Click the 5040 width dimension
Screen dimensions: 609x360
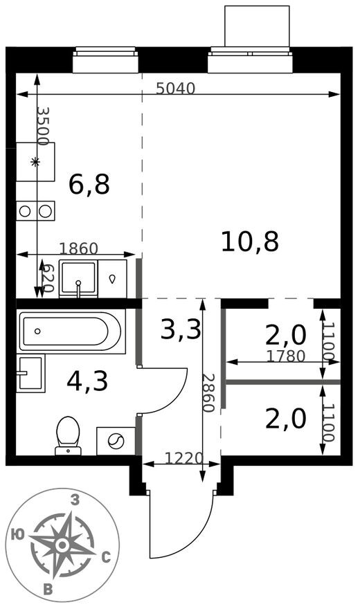coord(176,88)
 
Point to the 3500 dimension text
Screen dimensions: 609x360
coord(42,126)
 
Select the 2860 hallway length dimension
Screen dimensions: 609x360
coord(208,392)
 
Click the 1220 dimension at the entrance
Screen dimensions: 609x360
coord(183,457)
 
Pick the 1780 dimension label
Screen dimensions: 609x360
coord(286,356)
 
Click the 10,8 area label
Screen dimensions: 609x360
coord(250,242)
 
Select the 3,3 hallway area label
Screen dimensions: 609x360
coord(181,329)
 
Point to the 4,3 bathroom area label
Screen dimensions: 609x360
coord(87,381)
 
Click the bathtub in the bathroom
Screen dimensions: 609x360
coord(71,331)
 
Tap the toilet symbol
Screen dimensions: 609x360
coord(68,435)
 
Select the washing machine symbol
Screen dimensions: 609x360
coord(116,440)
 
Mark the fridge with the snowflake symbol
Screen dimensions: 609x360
coord(35,162)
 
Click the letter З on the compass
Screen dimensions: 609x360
coord(75,500)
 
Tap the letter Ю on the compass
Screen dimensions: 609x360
coord(19,533)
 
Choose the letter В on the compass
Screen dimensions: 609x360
coord(48,590)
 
